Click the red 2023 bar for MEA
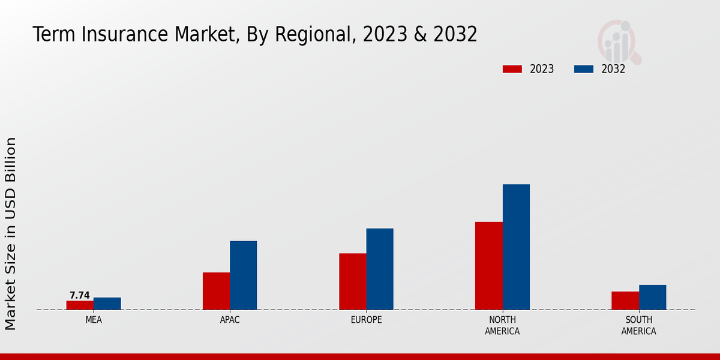click(x=80, y=305)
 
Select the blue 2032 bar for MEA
click(x=107, y=304)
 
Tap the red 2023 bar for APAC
click(x=216, y=291)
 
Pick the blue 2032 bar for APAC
click(x=243, y=275)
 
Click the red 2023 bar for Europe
click(x=352, y=281)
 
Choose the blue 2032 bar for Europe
click(x=380, y=269)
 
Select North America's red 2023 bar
click(x=488, y=266)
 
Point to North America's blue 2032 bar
click(x=516, y=247)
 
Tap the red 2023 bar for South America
click(x=625, y=301)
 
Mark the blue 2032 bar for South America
click(x=652, y=297)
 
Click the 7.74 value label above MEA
click(x=80, y=295)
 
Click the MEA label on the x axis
click(x=94, y=320)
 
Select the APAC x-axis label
click(x=230, y=320)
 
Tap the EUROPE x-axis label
click(x=366, y=320)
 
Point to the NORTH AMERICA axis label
click(x=502, y=325)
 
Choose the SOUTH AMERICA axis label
click(x=638, y=325)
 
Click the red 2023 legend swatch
click(x=512, y=69)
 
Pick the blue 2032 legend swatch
click(x=584, y=69)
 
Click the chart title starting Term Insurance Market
click(x=255, y=34)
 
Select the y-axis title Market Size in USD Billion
click(x=11, y=233)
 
